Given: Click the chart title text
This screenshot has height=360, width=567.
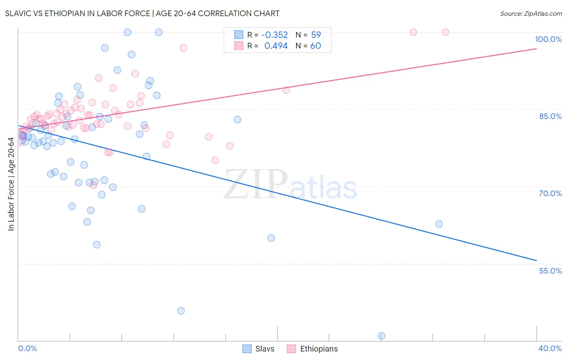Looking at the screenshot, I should pos(142,13).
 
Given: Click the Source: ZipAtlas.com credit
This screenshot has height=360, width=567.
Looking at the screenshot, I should pos(531,13).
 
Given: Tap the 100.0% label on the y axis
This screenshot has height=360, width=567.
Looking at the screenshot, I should pos(548,39).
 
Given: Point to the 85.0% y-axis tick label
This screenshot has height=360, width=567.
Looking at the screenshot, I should pos(550,116).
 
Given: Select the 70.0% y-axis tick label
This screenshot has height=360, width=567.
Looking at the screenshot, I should pos(550,193).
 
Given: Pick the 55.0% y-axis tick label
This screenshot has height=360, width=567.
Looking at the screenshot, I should pos(550,271).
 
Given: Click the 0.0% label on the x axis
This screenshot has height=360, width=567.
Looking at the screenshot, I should pos(27,348).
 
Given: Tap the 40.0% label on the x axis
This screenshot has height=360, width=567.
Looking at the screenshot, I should pos(550,348).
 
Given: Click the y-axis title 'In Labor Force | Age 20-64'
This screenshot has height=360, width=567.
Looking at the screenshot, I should pos(11,184).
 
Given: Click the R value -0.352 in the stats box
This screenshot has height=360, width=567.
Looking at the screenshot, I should pos(275,35).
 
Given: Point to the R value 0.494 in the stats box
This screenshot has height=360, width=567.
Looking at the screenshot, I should pos(276,46).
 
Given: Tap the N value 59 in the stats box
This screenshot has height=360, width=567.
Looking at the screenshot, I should pos(316,35).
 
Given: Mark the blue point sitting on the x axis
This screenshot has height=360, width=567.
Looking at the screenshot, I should pos(381,336).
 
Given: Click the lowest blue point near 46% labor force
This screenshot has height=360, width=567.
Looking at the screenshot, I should pos(181,311).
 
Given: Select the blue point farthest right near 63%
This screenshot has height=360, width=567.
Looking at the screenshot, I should pos(439,224).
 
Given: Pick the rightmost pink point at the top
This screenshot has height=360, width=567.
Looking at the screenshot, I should pos(446,32).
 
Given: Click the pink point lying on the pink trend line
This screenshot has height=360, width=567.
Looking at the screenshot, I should pos(286,90).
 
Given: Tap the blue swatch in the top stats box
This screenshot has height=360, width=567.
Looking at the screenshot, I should pos(239,35).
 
